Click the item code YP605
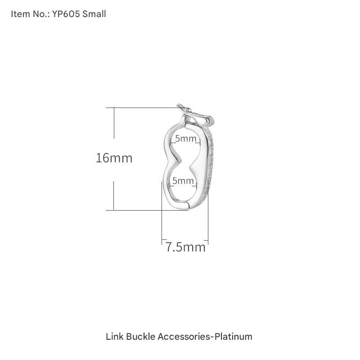[x=66, y=14]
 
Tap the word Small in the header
[x=94, y=14]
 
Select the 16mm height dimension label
[x=114, y=158]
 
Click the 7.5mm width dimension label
[x=185, y=247]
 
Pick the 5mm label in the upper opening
[x=186, y=139]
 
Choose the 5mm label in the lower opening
[x=183, y=181]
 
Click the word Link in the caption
[x=115, y=337]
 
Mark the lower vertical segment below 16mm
[x=114, y=195]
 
